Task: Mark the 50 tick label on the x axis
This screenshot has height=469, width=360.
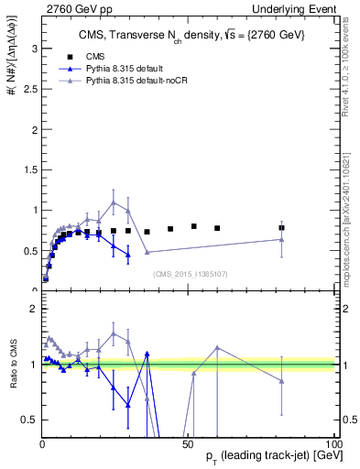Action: [188, 444]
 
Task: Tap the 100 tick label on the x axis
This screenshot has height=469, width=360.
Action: [332, 444]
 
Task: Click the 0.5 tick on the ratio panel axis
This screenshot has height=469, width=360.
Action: [30, 420]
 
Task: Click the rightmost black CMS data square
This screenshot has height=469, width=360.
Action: [282, 228]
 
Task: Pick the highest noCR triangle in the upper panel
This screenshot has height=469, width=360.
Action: [114, 202]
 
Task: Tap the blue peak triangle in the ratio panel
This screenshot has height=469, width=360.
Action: [147, 353]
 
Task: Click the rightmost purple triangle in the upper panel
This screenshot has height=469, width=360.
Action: [282, 239]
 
